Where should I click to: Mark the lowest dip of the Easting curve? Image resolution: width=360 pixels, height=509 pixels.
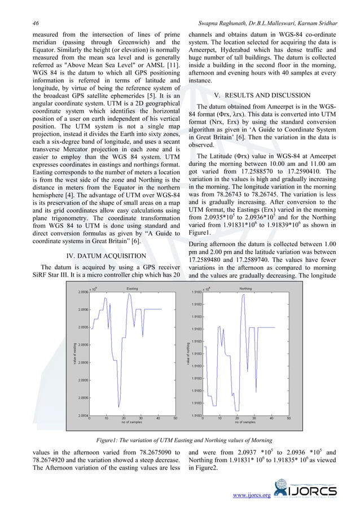click(x=119, y=405)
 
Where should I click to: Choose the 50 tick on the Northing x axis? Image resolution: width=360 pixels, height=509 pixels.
click(x=288, y=418)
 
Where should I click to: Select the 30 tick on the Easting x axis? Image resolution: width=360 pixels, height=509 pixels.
click(x=141, y=418)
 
